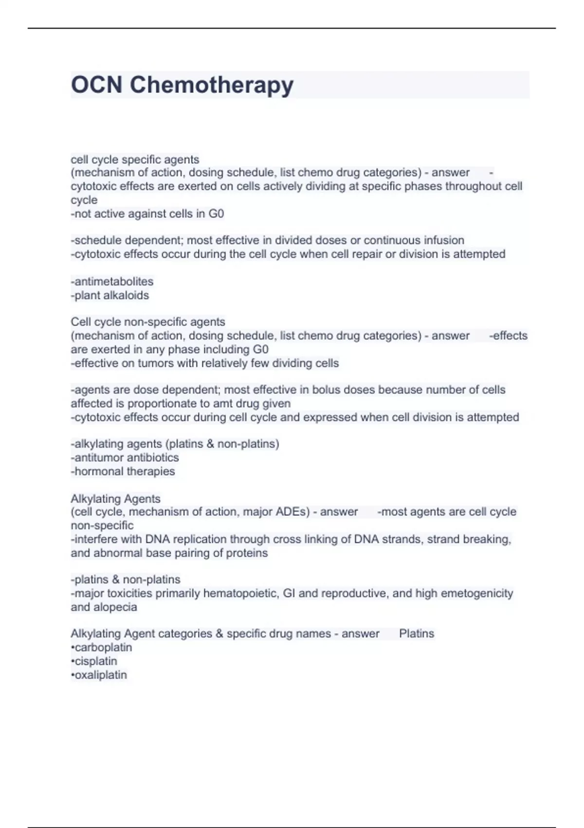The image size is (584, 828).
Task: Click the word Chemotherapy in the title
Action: coord(211,85)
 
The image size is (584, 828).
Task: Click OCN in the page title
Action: coord(96,85)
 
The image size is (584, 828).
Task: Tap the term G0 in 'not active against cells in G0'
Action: coord(216,214)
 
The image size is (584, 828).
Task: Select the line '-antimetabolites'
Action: coord(112,282)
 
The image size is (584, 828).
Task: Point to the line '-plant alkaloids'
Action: coord(110,295)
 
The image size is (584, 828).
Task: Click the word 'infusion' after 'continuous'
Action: coord(442,240)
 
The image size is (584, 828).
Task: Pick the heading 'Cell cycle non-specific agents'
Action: coord(148,322)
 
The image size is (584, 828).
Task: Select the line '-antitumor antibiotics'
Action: coord(125,457)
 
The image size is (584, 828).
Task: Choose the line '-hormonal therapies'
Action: coord(123,471)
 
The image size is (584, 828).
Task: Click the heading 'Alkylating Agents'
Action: coord(115,499)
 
